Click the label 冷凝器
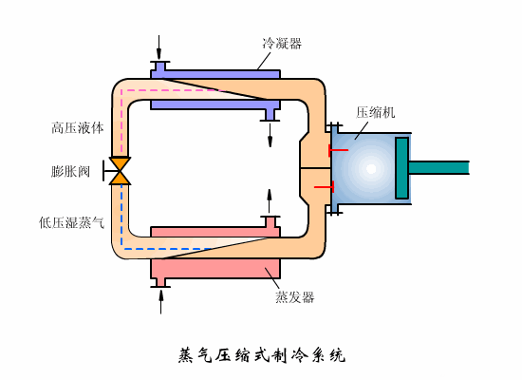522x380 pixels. (x=282, y=44)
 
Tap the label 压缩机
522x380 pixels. (x=376, y=112)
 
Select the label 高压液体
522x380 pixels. (x=78, y=128)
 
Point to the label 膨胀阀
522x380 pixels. (x=70, y=171)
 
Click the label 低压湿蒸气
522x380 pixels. (x=71, y=222)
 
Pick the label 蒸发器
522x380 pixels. (x=294, y=297)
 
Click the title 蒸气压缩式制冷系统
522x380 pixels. (x=262, y=355)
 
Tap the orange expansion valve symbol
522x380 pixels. (x=120, y=171)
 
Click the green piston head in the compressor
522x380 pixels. (x=401, y=168)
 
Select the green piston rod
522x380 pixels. (x=438, y=167)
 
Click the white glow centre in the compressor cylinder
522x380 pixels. (x=371, y=169)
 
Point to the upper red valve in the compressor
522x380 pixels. (x=338, y=150)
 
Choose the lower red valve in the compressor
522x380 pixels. (x=325, y=187)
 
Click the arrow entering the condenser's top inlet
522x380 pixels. (x=159, y=47)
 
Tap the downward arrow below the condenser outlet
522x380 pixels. (x=270, y=135)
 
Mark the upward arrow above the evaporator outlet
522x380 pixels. (x=270, y=201)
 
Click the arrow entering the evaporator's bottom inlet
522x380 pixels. (x=161, y=302)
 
